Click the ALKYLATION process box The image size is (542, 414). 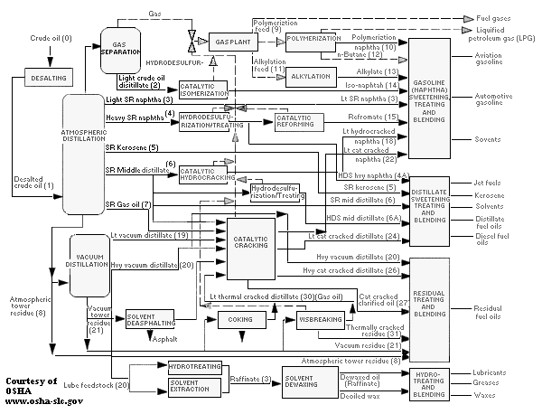click(310, 77)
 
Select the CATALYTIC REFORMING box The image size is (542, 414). click(297, 122)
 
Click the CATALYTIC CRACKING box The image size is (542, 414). click(250, 249)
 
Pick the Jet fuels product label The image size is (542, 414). click(489, 182)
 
